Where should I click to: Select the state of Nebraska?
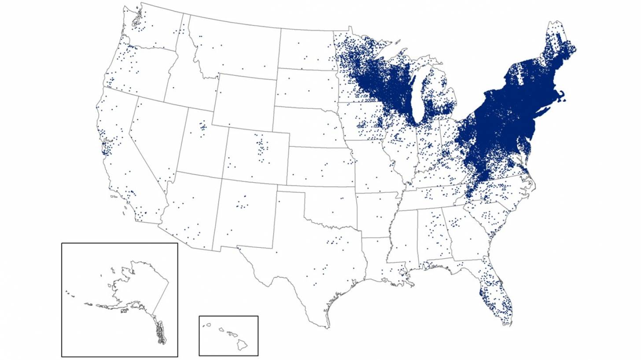coord(308,128)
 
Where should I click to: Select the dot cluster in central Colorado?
coord(262,147)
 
